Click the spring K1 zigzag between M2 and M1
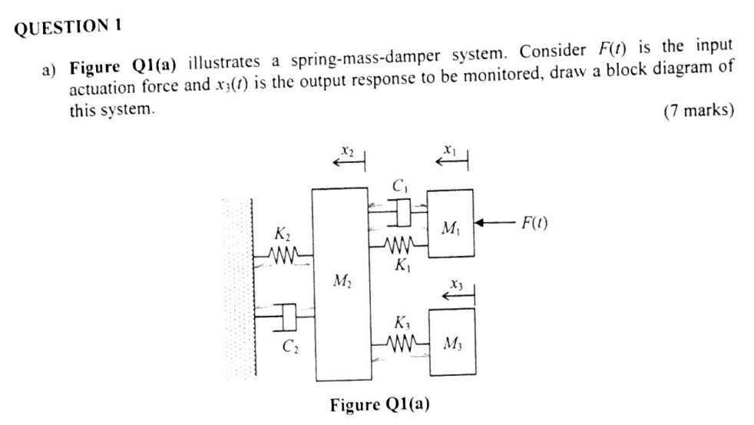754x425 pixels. click(x=398, y=247)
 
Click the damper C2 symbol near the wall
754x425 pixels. click(x=285, y=314)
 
